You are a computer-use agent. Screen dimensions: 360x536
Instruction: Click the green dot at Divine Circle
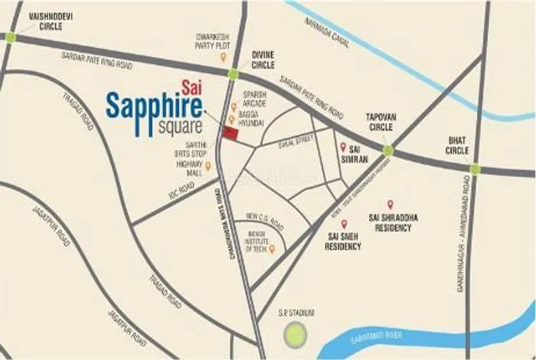tap(233, 74)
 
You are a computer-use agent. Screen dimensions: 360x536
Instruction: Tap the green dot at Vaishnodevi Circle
tap(10, 36)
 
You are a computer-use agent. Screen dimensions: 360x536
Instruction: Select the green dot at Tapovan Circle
tap(388, 151)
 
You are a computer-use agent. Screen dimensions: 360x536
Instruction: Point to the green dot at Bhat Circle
tap(475, 169)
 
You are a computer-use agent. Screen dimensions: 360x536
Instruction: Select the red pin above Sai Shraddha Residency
tap(390, 205)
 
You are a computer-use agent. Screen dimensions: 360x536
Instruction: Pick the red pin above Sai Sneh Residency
tap(333, 224)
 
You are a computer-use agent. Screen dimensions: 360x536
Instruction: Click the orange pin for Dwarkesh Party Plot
tap(223, 57)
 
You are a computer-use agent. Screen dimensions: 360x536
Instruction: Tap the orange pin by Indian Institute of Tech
tap(273, 248)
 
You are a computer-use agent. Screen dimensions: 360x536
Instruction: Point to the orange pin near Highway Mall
tap(208, 165)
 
